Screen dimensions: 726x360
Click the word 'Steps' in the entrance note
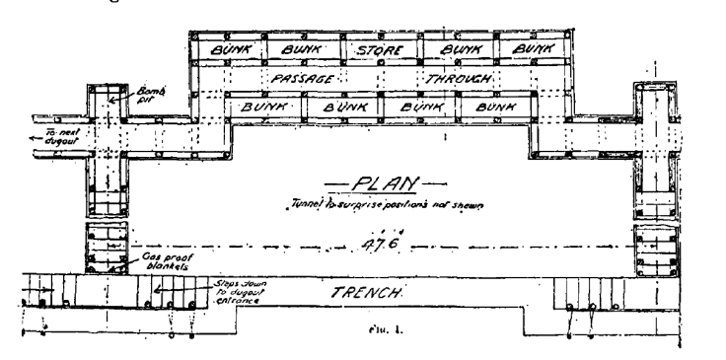click(224, 281)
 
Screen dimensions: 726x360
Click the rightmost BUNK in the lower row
click(493, 104)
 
